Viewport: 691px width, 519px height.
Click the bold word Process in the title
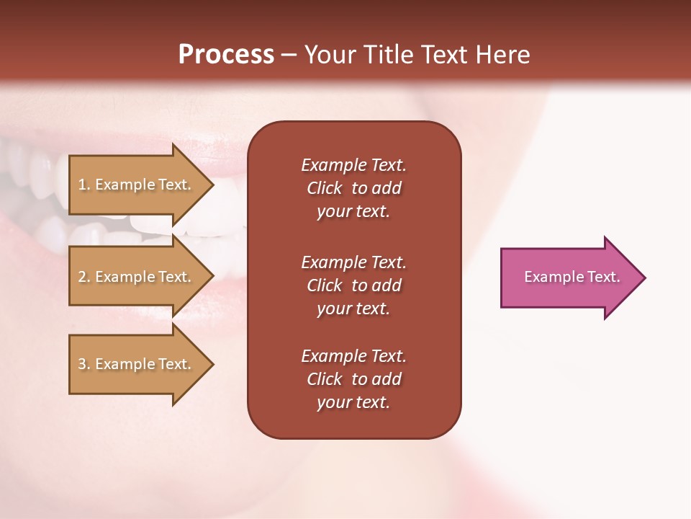pos(226,55)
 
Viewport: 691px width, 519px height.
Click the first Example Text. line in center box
pos(353,165)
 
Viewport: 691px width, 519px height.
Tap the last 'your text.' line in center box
pos(353,402)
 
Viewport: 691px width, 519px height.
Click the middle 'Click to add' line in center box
pos(353,285)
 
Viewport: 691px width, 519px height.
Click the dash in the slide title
pos(289,55)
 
